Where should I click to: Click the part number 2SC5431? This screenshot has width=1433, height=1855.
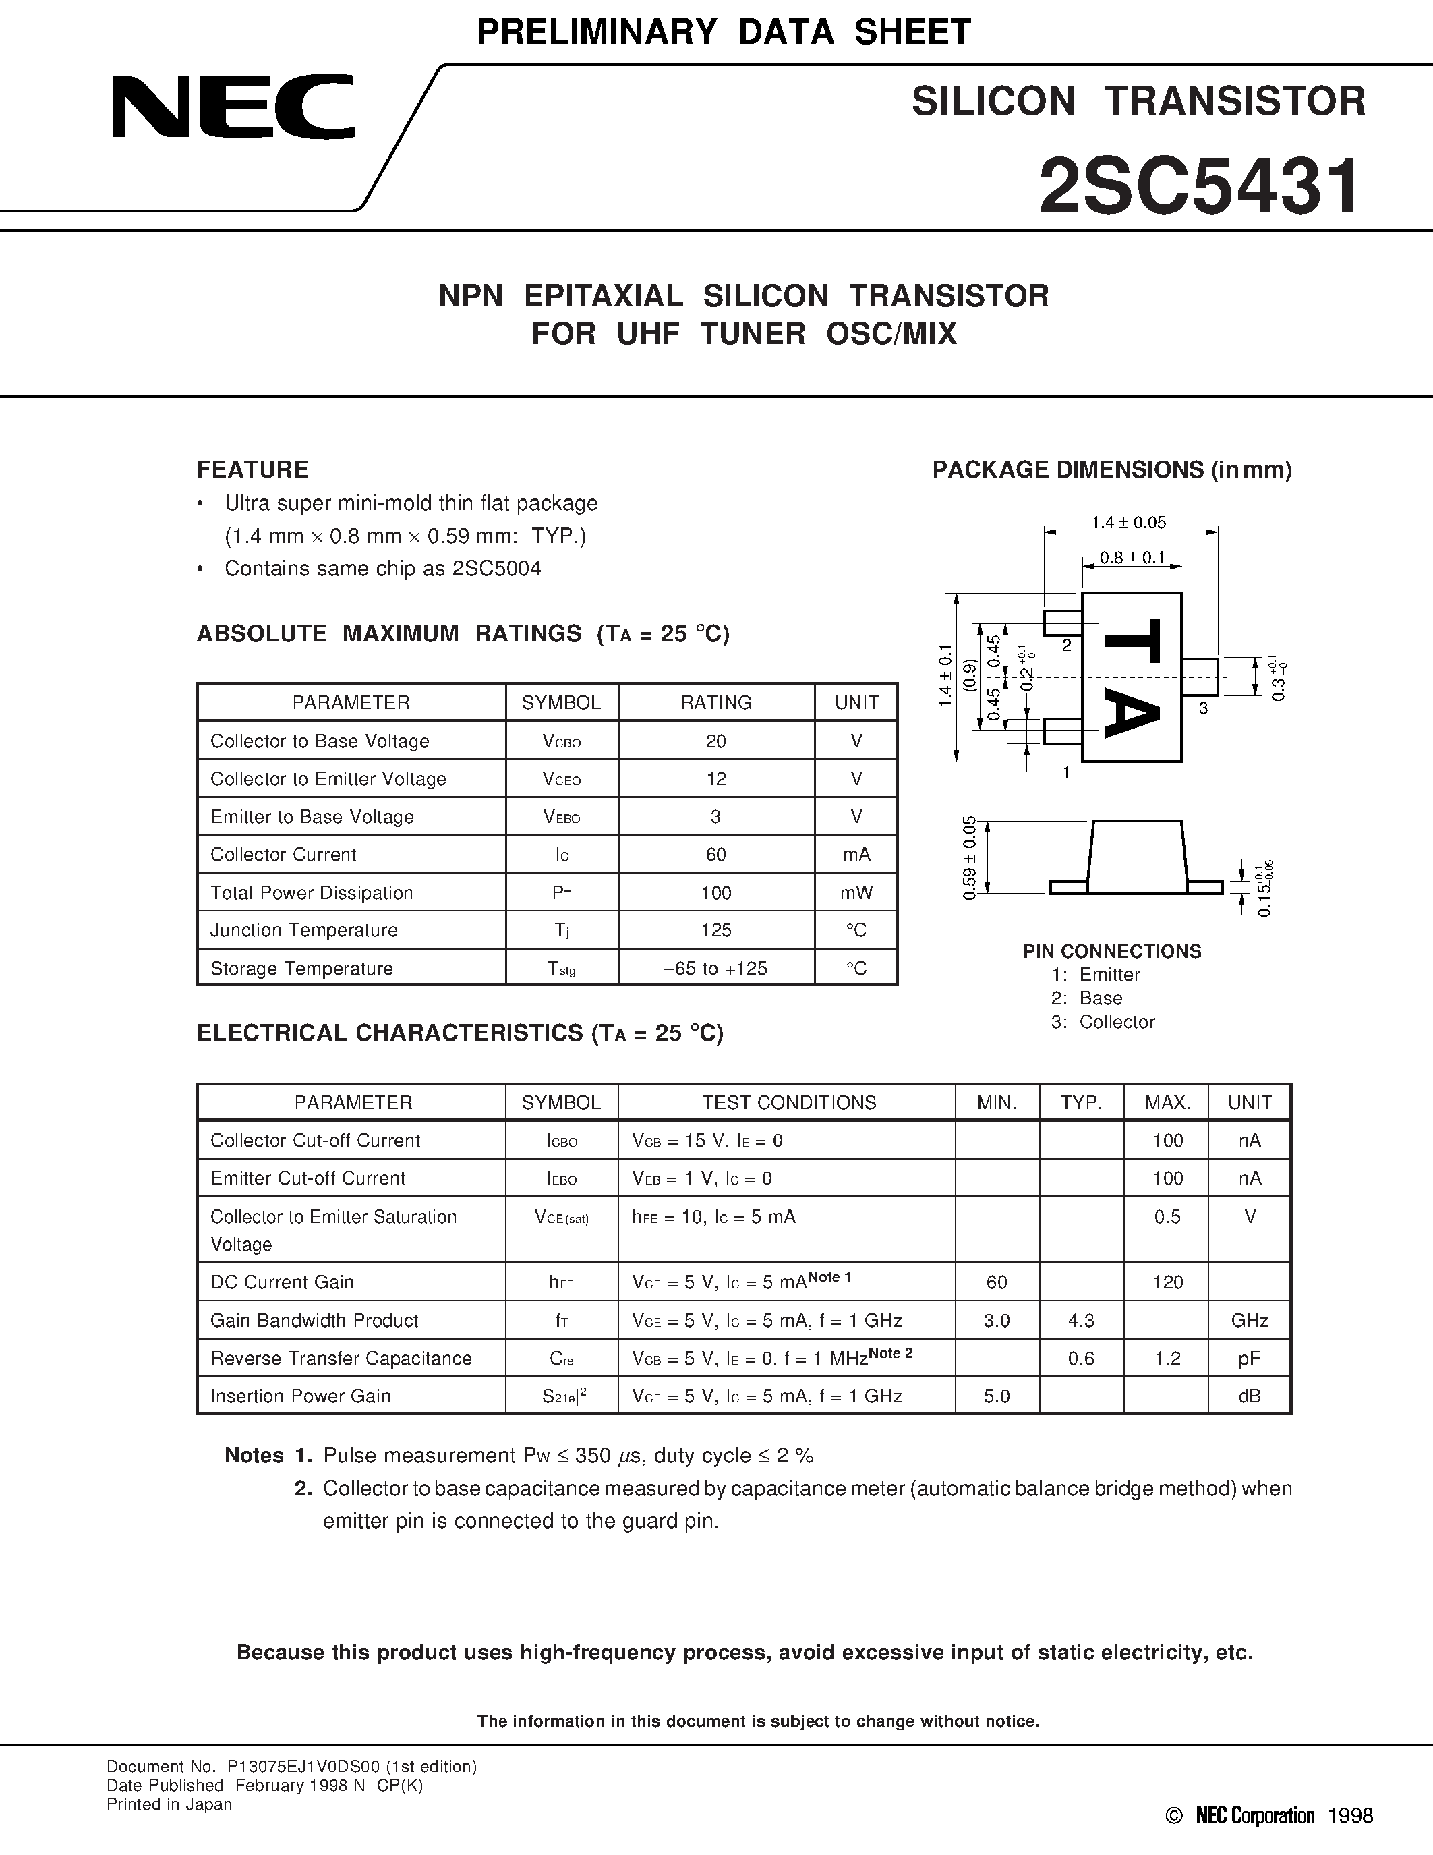(x=1200, y=189)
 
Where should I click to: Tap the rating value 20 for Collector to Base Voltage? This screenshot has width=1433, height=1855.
(x=715, y=741)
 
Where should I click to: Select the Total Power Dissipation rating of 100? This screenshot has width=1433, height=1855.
(x=715, y=892)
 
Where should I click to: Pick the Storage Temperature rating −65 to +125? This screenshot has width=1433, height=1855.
(x=715, y=968)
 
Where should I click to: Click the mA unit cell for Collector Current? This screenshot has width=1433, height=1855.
(x=856, y=855)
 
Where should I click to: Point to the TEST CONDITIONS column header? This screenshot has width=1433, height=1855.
(x=789, y=1102)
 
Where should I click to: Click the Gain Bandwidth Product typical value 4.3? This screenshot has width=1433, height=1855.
(x=1081, y=1321)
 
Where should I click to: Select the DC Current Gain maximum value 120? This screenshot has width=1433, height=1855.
(x=1167, y=1282)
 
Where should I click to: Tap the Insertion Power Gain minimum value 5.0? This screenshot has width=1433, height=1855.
(x=997, y=1396)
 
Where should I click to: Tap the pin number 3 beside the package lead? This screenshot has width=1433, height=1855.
(x=1203, y=708)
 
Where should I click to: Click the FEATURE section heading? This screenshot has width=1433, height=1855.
(x=252, y=469)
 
